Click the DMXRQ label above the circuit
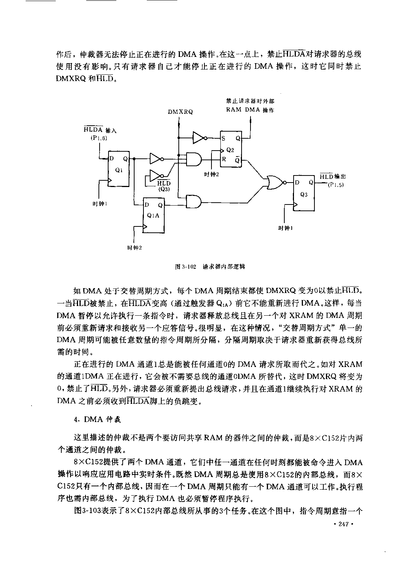pyautogui.click(x=180, y=112)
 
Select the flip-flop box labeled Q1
pyautogui.click(x=119, y=169)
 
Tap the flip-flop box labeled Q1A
pyautogui.click(x=153, y=215)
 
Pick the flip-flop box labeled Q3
pyautogui.click(x=304, y=193)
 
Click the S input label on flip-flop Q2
pyautogui.click(x=223, y=139)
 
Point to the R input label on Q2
pyautogui.click(x=224, y=159)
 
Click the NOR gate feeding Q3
pyautogui.click(x=275, y=182)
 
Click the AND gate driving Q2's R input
pyautogui.click(x=194, y=159)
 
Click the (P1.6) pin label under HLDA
pyautogui.click(x=99, y=138)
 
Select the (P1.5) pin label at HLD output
pyautogui.click(x=336, y=185)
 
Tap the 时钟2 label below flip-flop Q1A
pyautogui.click(x=135, y=248)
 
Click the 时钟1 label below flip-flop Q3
pyautogui.click(x=285, y=228)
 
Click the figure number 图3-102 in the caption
pyautogui.click(x=185, y=267)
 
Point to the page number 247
pyautogui.click(x=343, y=524)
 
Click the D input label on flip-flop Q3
pyautogui.click(x=297, y=183)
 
